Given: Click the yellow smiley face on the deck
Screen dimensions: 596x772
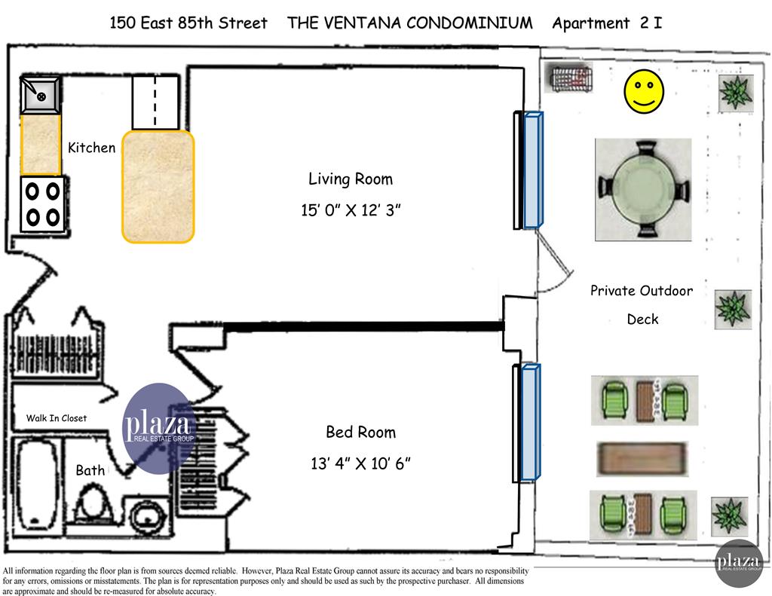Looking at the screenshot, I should click(643, 92).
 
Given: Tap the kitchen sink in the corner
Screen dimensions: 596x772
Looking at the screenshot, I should click(41, 95).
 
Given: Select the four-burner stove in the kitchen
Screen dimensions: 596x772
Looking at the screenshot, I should click(42, 203).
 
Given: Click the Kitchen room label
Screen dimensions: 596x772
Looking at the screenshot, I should click(92, 148).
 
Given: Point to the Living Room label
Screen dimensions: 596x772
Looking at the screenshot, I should click(351, 179).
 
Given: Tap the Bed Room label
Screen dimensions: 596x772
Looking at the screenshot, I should click(360, 432).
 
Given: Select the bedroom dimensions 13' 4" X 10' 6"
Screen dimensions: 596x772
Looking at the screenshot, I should click(360, 463).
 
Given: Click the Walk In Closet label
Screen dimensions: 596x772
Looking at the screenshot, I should click(57, 418).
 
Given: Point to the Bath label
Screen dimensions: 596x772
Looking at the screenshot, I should click(90, 470).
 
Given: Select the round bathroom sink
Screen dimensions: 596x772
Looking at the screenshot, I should click(145, 518).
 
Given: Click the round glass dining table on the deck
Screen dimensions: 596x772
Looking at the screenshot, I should click(643, 190).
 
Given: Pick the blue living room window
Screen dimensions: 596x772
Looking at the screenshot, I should click(532, 170).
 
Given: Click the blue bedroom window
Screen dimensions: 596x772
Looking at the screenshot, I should click(531, 422).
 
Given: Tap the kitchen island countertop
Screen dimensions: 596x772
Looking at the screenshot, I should click(158, 187).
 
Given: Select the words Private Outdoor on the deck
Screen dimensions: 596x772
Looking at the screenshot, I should click(641, 291).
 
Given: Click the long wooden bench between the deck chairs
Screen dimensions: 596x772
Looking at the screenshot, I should click(643, 458).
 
